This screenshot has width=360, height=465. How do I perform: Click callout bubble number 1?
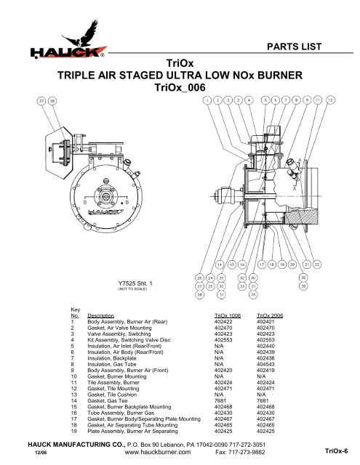click(x=209, y=100)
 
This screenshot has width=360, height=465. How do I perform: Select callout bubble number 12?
click(x=330, y=100)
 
